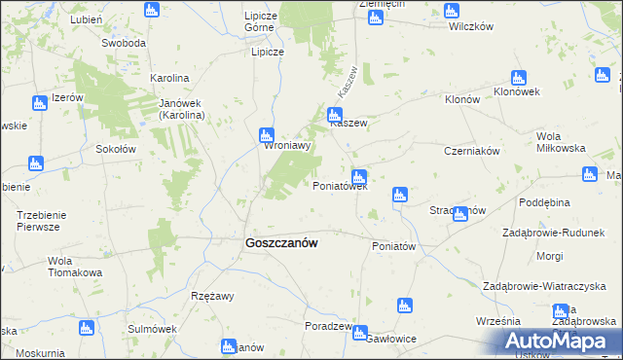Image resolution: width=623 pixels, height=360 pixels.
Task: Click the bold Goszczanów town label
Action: pos(277,244)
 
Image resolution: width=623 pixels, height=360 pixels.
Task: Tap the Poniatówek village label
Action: pos(340,186)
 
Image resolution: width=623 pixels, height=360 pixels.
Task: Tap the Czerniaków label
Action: pos(471,151)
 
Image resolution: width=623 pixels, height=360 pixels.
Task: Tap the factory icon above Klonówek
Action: pos(519,78)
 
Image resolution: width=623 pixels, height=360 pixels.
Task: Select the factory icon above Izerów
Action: pos(39,103)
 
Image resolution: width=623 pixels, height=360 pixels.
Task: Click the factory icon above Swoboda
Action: pos(150,11)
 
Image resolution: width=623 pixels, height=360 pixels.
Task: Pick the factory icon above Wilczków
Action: pos(450,11)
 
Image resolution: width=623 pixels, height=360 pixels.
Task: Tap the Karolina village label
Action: pos(169,77)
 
